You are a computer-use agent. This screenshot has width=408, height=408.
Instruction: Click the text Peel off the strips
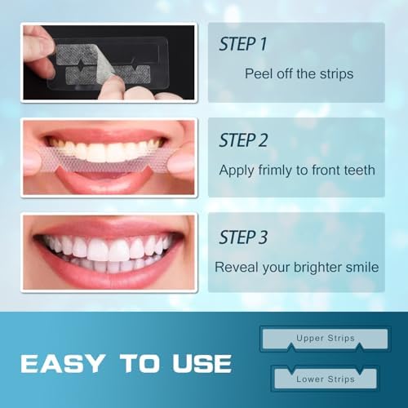[299, 73]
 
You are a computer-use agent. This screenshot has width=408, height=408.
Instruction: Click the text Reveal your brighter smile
[295, 267]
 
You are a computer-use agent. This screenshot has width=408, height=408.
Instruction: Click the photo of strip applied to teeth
[109, 157]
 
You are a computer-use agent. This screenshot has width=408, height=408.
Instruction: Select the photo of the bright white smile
[109, 253]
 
